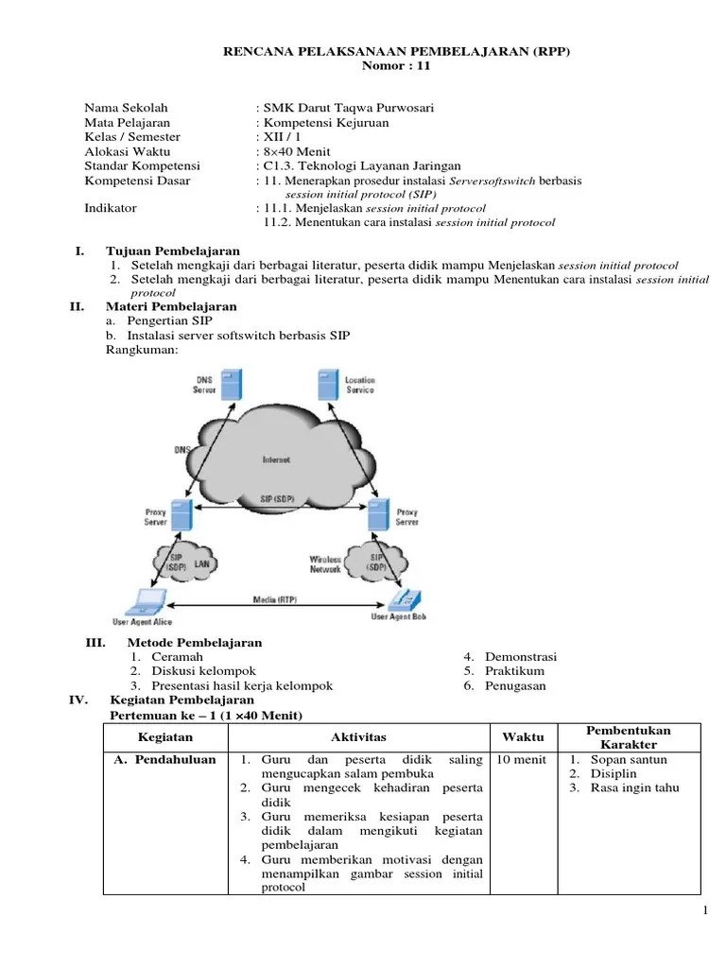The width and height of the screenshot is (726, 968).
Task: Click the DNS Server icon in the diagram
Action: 232,383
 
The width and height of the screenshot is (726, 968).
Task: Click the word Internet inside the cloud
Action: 276,459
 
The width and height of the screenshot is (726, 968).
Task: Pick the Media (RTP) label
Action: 271,599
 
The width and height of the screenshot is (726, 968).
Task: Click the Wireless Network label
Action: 325,564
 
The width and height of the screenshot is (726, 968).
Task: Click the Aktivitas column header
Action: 358,737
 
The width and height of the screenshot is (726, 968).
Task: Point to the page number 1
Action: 705,909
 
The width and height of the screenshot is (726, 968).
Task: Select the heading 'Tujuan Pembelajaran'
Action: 172,251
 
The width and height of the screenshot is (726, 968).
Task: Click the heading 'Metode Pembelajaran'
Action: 194,643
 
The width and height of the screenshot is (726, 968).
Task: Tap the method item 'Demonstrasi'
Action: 521,657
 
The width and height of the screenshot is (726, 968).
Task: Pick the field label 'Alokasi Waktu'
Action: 124,151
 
